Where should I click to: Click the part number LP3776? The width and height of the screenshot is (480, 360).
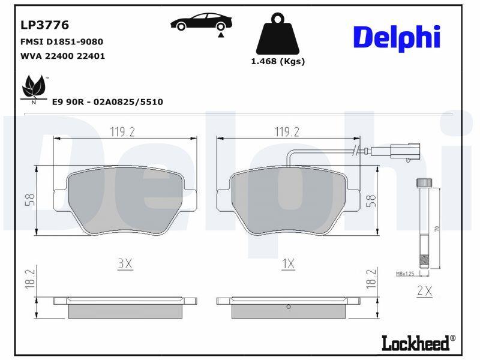(44, 25)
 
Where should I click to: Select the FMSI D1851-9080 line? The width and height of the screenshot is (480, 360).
(62, 41)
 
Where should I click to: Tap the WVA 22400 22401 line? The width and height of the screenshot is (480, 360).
(62, 56)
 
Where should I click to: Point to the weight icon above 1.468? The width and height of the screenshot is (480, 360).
(278, 34)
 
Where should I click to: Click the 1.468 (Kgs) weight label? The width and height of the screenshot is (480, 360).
(278, 62)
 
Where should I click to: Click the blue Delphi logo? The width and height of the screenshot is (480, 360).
(397, 38)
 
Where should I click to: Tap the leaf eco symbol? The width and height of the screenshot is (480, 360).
(34, 86)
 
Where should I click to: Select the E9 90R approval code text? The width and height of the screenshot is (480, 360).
(107, 102)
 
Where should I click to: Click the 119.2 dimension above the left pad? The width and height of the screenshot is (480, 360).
(122, 132)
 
